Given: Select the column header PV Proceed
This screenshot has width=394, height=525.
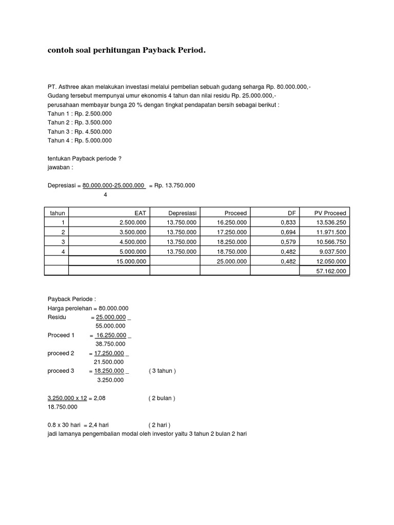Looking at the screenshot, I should point(330,213).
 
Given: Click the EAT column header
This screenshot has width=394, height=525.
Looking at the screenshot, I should point(140,213).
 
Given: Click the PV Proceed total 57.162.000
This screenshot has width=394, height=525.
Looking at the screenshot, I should point(330,271).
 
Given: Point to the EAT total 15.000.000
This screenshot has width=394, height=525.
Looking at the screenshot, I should point(130,261).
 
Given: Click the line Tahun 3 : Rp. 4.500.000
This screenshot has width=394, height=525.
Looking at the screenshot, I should point(79,131).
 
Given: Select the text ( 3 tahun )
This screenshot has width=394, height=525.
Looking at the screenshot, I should point(162,371).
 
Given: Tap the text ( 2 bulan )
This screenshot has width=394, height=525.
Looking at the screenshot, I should point(162,397).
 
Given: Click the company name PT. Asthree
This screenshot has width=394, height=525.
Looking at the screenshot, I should point(65,87).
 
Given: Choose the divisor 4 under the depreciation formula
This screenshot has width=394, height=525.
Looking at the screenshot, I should point(105,194).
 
